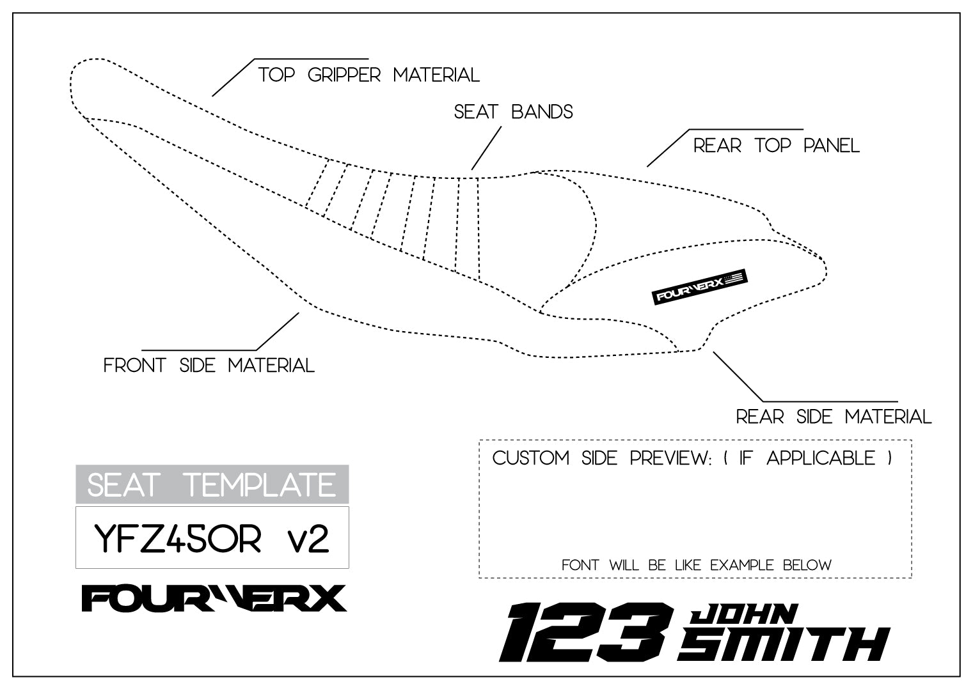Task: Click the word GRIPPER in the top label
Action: (x=344, y=75)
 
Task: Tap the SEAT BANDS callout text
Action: (x=513, y=112)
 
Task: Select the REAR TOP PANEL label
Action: (x=776, y=146)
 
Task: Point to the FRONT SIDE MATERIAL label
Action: (x=209, y=366)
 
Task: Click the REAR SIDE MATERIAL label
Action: (x=833, y=417)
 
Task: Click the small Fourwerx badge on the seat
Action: (x=700, y=286)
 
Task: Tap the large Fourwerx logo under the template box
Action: (x=214, y=599)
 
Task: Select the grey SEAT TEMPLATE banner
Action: (x=212, y=484)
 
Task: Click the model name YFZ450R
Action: (x=178, y=538)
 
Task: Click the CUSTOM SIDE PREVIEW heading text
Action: (x=601, y=458)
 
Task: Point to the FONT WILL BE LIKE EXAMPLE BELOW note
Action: (x=696, y=565)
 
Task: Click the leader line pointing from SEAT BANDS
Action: (x=486, y=148)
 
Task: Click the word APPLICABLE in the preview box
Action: (x=821, y=458)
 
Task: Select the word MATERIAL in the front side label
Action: (x=271, y=366)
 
